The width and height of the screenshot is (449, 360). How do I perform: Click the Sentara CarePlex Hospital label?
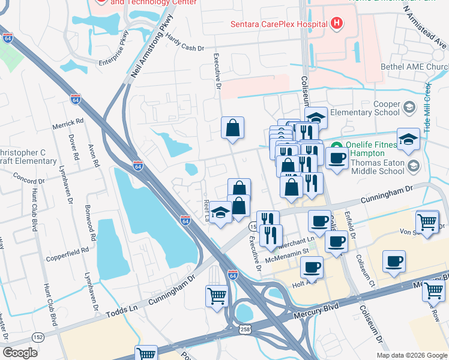[x=279, y=24]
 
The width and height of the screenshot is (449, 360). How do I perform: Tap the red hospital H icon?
[x=337, y=24]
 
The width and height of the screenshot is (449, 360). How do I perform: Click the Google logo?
[x=20, y=353]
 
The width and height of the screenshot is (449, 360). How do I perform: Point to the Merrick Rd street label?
[x=67, y=122]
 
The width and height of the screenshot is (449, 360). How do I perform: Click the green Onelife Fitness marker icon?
[x=338, y=146]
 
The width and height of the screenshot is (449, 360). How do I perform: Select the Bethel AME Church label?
[x=414, y=67]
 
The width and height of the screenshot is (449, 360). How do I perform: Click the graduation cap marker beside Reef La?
[x=221, y=213]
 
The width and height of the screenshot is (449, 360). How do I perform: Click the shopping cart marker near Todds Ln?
[x=217, y=295]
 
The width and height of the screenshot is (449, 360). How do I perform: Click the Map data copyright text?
[x=411, y=355]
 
